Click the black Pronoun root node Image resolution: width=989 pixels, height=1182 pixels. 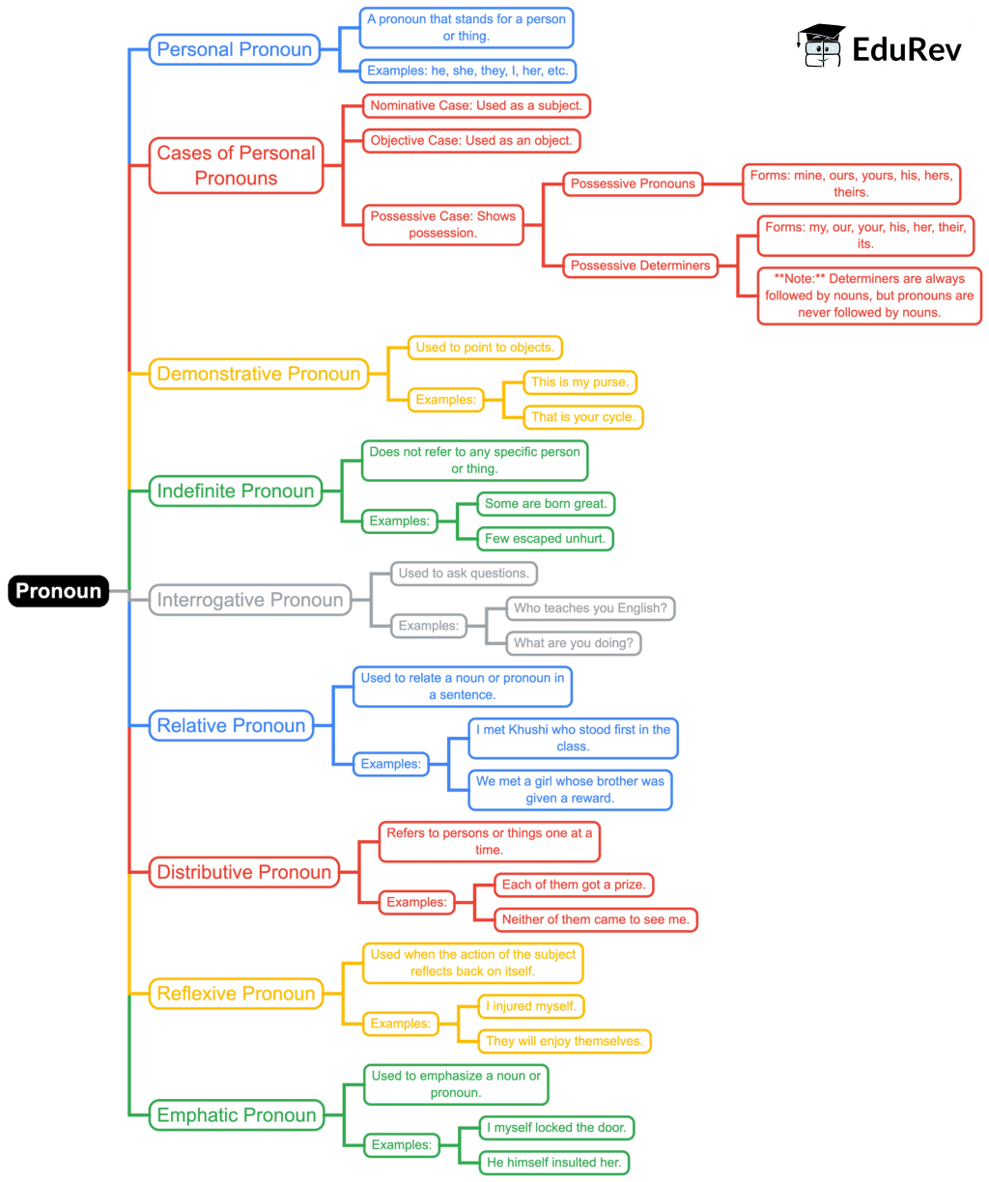click(x=58, y=591)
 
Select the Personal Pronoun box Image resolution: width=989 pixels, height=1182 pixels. click(x=235, y=50)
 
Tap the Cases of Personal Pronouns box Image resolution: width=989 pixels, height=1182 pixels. click(x=236, y=165)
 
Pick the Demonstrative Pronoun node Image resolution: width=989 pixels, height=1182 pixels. click(x=258, y=374)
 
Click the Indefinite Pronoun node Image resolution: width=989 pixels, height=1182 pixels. click(x=236, y=491)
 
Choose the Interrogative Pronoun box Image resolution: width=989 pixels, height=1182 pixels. click(x=250, y=600)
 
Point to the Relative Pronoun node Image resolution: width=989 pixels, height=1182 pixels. click(x=231, y=726)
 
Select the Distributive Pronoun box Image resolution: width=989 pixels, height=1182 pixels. click(x=244, y=872)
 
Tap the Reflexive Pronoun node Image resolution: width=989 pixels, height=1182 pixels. click(x=236, y=993)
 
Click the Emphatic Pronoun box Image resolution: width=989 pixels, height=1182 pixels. click(x=236, y=1114)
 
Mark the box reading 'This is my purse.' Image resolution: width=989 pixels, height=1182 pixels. click(x=580, y=382)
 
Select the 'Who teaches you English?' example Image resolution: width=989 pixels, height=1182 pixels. click(x=591, y=608)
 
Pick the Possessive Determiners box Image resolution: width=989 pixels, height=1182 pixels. click(x=640, y=265)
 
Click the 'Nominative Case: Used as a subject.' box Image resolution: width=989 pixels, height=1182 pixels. click(x=476, y=105)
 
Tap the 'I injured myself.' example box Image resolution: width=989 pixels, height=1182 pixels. click(x=532, y=1006)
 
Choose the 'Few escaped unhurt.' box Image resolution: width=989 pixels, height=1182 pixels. click(x=547, y=539)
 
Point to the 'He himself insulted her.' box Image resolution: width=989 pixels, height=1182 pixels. click(x=554, y=1162)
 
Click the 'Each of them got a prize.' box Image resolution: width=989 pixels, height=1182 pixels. click(x=574, y=885)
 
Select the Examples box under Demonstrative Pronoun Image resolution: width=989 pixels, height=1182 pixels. click(x=445, y=399)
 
